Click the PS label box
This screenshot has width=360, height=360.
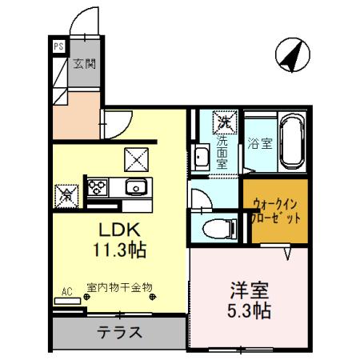[58, 46]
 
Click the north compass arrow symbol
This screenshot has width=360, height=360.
[290, 54]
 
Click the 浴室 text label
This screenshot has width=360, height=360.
[256, 145]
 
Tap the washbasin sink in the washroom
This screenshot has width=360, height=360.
[201, 157]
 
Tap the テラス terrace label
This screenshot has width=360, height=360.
[120, 332]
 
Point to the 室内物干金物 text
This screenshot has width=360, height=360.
[120, 286]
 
